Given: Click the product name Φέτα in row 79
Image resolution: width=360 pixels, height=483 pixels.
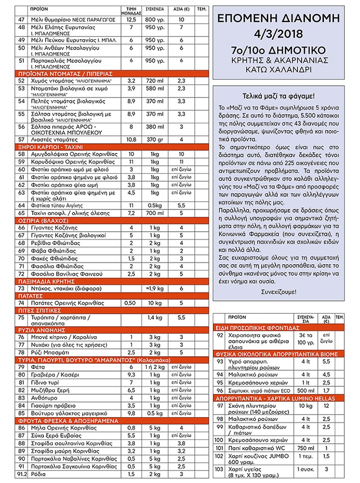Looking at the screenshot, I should [x=38, y=367].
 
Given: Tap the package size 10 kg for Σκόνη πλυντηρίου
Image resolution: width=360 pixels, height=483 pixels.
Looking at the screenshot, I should [x=306, y=406].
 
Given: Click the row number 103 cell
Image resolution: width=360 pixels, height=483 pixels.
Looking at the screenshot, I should [x=220, y=471].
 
